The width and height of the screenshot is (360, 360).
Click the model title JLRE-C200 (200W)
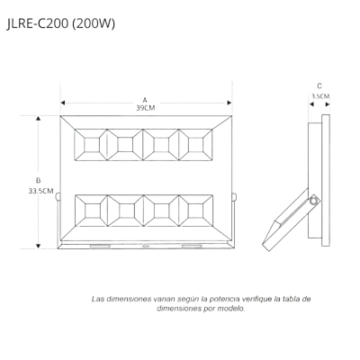(x=61, y=24)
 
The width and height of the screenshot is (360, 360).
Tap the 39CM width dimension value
(x=146, y=108)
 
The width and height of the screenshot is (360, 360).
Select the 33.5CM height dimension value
(x=41, y=191)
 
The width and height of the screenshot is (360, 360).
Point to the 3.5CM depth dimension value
(x=320, y=96)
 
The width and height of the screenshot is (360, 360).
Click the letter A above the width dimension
(x=145, y=100)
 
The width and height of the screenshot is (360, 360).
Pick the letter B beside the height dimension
(x=38, y=181)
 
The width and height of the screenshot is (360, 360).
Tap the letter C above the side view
(x=319, y=86)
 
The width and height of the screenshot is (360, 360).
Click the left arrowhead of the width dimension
(x=63, y=103)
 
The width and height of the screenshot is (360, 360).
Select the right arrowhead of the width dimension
(x=229, y=103)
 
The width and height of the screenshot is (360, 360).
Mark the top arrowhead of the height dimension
(x=38, y=119)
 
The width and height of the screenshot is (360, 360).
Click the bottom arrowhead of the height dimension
(x=38, y=247)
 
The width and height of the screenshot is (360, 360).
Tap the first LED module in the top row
(x=91, y=145)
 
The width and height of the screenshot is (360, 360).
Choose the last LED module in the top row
(x=196, y=145)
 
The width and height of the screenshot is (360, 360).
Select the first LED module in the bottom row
(x=91, y=211)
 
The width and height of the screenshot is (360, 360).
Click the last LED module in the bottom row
(x=196, y=211)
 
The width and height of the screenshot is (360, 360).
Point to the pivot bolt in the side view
(x=314, y=200)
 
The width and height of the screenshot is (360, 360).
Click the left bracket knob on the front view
(x=58, y=197)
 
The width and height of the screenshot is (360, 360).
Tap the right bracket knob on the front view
(x=234, y=197)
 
